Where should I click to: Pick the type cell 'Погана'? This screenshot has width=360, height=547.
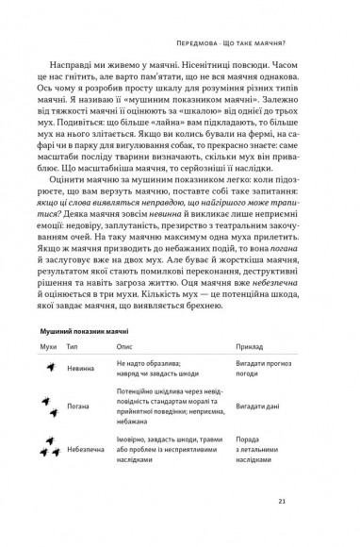(81, 407)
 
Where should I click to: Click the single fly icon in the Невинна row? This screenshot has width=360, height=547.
(48, 370)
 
